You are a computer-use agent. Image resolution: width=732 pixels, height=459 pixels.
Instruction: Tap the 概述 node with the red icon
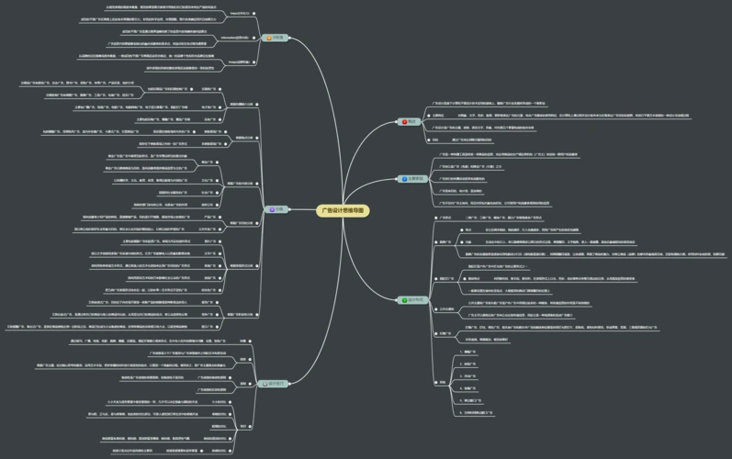point(411,121)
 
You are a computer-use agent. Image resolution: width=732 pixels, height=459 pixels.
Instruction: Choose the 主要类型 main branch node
point(413,178)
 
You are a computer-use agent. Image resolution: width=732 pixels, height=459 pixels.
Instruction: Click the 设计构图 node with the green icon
point(410,299)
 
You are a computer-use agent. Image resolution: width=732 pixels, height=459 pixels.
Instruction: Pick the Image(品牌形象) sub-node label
point(237,62)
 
